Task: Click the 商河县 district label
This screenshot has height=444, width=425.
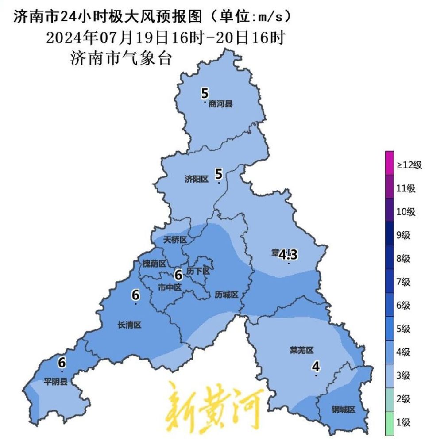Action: [x=220, y=105]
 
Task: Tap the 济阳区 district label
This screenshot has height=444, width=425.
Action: [x=196, y=179]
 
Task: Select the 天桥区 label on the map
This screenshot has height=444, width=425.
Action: [x=175, y=240]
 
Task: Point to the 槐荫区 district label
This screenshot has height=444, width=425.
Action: [x=154, y=264]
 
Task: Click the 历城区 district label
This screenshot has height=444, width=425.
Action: [x=227, y=295]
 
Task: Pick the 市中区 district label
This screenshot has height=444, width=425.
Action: [x=170, y=287]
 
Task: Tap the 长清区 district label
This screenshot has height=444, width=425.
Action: [x=129, y=325]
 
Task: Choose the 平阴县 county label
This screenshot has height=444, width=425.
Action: [x=55, y=381]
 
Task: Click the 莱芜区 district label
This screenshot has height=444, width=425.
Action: [x=301, y=351]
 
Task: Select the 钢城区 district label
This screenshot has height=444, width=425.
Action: [x=344, y=410]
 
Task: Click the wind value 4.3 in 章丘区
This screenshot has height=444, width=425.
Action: [x=287, y=255]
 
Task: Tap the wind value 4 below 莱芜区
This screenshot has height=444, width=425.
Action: [x=316, y=367]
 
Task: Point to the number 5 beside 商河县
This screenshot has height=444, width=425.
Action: [x=205, y=94]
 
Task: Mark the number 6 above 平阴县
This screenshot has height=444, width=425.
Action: [x=62, y=363]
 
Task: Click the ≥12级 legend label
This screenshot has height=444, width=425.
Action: [x=409, y=165]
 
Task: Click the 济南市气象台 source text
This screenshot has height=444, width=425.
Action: [x=120, y=58]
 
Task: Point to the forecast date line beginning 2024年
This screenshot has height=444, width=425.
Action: [x=164, y=37]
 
